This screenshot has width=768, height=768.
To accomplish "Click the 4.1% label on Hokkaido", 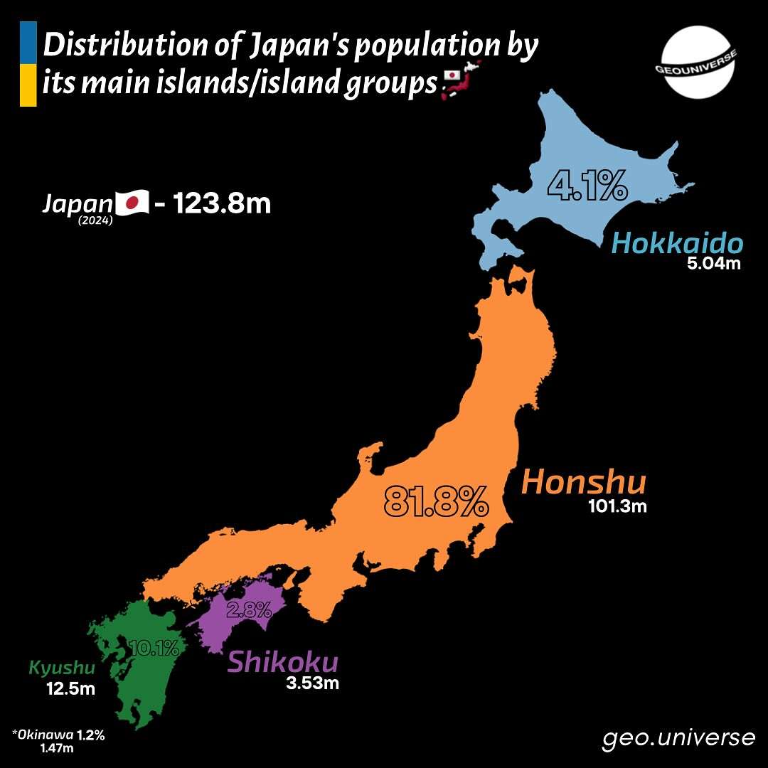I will point(587,186).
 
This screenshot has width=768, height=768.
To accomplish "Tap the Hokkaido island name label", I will point(677,244).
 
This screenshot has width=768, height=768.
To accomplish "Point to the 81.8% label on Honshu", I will point(436,501).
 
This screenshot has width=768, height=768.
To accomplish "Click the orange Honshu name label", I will point(584,483).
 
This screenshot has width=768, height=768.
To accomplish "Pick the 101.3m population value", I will point(617,507).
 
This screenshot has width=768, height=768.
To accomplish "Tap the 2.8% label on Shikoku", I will point(249,609).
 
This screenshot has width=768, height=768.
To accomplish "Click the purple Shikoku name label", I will point(282,663).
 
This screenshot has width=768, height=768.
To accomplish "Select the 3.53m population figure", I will point(311,685).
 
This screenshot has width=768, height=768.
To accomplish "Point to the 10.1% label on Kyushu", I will point(154,647).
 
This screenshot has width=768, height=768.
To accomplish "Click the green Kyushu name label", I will point(61,668).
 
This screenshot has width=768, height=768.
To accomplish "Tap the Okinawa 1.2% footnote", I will point(58,735).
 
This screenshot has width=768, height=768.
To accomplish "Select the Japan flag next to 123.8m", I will point(132,204).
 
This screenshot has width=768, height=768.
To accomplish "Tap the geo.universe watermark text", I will point(678,738).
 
